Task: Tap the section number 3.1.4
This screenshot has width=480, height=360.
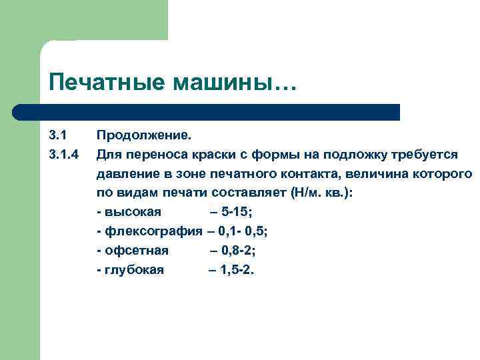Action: (65, 155)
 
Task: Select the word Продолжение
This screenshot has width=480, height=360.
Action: (143, 136)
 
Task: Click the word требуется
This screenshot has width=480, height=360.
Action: (424, 155)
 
